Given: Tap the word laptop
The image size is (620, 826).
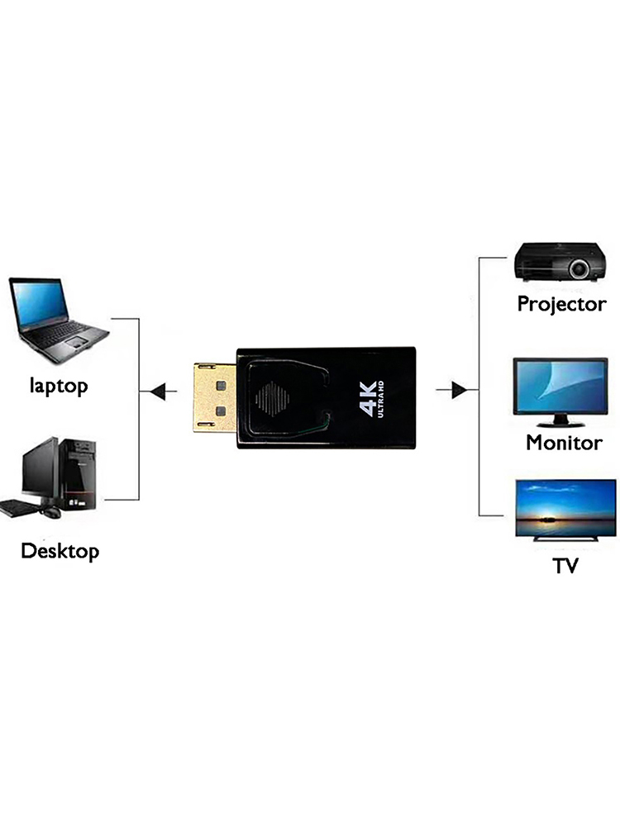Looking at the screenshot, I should (59, 385).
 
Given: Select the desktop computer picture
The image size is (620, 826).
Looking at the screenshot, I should (51, 478).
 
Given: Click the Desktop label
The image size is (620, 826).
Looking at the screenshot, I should (60, 551).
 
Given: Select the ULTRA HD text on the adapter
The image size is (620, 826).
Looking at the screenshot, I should (382, 396).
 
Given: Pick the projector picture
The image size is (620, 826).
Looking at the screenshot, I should (557, 261).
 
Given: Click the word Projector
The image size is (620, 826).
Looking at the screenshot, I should (561, 304).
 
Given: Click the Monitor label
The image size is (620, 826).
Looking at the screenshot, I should (564, 443).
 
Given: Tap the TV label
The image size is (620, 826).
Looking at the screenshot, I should (565, 567).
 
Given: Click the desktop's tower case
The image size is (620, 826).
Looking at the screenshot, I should (79, 474).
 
